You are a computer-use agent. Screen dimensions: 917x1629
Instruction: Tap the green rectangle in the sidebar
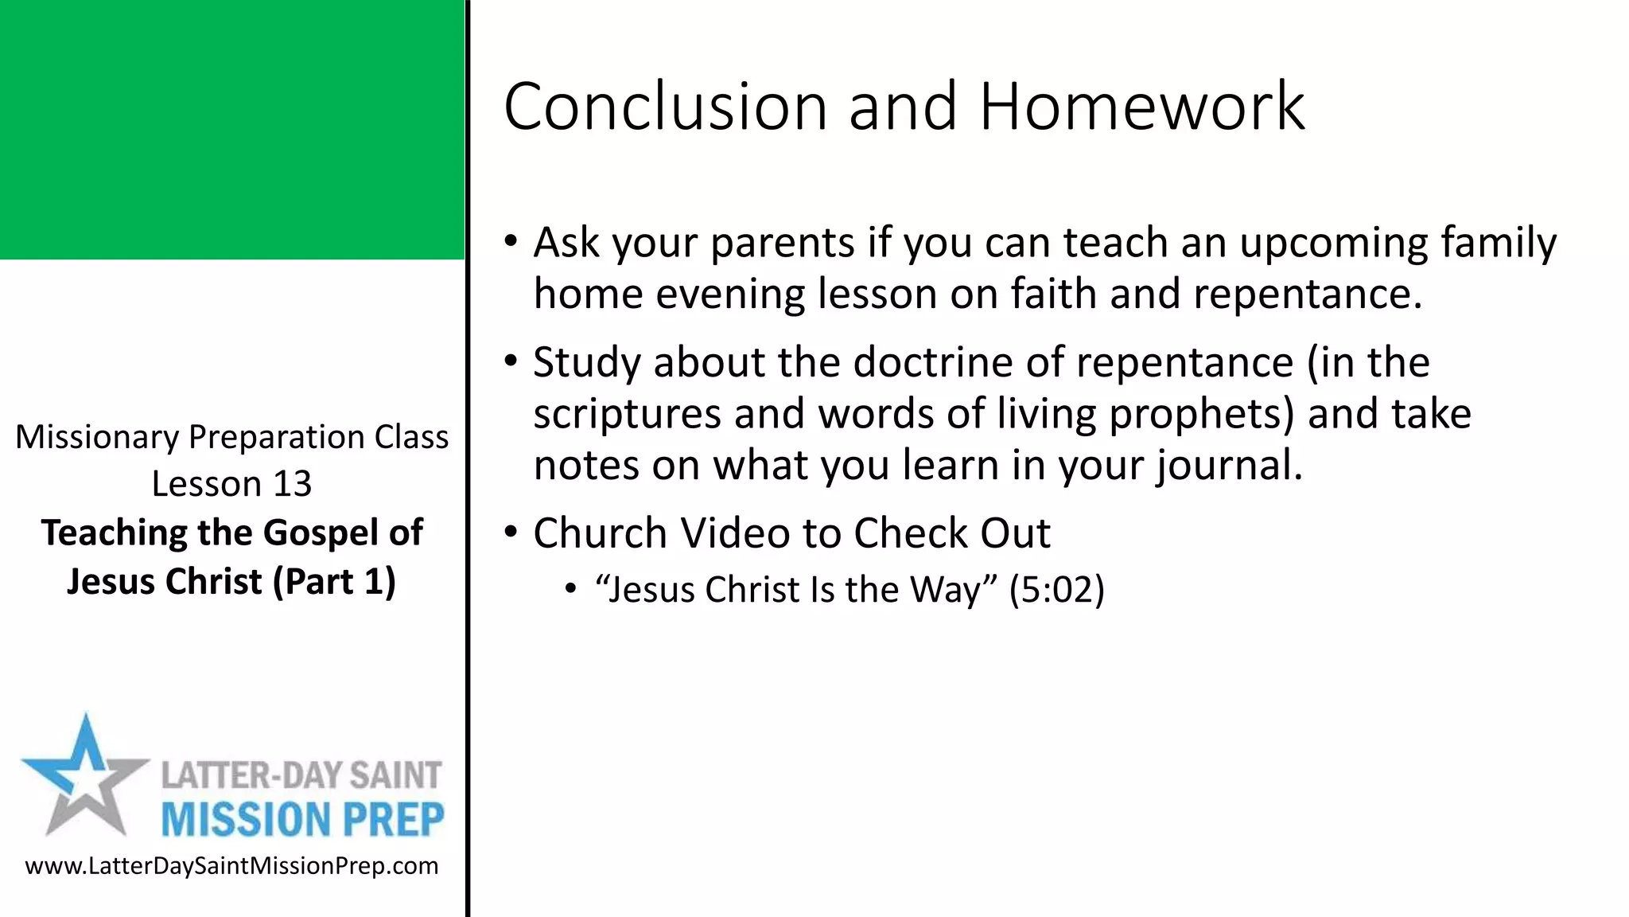tap(231, 129)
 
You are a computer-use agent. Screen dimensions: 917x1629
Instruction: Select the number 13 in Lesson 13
tap(292, 484)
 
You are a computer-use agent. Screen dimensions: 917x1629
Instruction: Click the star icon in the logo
tap(84, 776)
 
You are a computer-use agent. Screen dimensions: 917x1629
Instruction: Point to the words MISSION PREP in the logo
tap(302, 820)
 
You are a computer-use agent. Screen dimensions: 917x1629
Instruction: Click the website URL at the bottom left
tap(231, 866)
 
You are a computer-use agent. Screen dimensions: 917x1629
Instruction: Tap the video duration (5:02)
tap(1056, 590)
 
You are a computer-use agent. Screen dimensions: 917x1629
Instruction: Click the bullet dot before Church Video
tap(511, 531)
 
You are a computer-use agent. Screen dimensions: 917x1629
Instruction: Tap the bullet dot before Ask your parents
tap(511, 240)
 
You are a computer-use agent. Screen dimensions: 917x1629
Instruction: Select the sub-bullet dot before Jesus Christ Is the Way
tap(570, 590)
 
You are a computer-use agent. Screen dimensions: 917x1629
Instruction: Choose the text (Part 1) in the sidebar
tap(334, 581)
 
